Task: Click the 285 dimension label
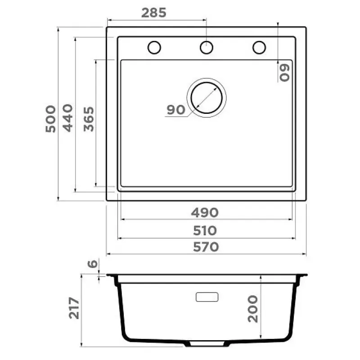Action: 153,13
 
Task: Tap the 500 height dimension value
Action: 51,119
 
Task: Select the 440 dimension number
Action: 68,118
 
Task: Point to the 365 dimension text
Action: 89,119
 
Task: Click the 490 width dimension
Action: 205,212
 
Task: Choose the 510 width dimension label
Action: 205,231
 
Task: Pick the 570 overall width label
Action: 206,247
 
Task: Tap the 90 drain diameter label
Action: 176,110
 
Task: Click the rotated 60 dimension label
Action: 284,73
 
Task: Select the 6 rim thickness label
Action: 93,264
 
